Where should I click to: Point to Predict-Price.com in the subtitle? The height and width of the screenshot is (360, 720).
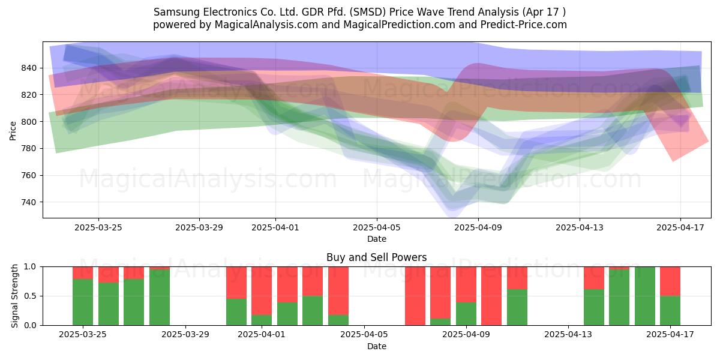(x=524, y=25)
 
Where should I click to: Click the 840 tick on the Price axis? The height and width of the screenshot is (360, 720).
(x=29, y=68)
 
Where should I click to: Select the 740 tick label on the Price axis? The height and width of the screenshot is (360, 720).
(x=29, y=203)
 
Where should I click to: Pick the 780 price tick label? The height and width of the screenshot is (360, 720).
(x=29, y=149)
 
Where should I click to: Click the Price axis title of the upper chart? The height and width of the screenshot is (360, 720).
(x=13, y=131)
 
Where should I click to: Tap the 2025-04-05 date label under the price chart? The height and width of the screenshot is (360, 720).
(x=377, y=228)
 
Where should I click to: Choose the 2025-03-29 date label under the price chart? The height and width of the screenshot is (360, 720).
(x=199, y=228)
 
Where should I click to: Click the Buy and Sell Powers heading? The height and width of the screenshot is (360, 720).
(x=377, y=257)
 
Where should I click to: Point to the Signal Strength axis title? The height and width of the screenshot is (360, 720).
(x=14, y=296)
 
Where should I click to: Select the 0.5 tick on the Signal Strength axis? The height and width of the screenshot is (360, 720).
(x=31, y=296)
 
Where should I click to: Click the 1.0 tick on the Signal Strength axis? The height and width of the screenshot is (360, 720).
(x=31, y=267)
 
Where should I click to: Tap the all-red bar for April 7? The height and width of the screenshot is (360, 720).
(x=415, y=296)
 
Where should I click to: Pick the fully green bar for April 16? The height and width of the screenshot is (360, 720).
(x=645, y=296)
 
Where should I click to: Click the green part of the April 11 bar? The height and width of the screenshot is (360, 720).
(x=517, y=307)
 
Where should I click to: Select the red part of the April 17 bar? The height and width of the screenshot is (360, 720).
(x=670, y=281)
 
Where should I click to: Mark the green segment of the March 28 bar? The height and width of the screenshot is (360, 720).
(x=160, y=298)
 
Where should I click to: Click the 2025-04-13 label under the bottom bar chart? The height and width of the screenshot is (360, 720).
(x=568, y=335)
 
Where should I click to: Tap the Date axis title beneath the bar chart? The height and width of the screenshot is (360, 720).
(x=377, y=347)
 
